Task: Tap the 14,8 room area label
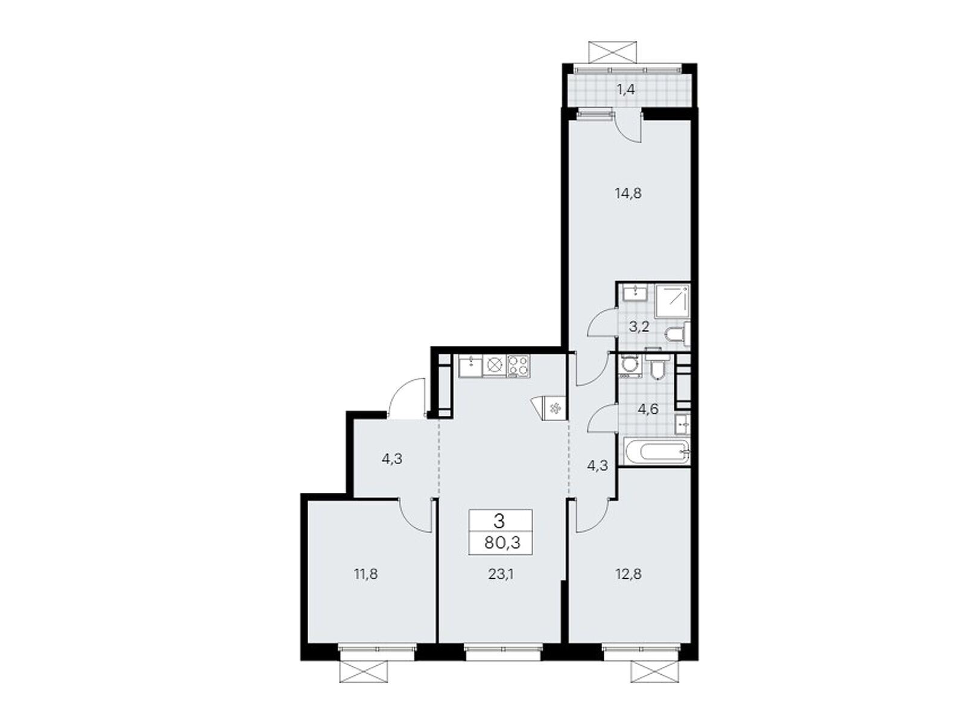coord(628,193)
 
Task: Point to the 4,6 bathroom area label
coord(648,410)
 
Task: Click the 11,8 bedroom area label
coord(365,574)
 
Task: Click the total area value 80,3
coord(501,542)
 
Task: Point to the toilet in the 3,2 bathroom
coord(677,335)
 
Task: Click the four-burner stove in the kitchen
coord(518,366)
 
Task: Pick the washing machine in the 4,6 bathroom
coord(630,365)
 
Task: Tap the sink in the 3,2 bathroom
coord(634,294)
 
